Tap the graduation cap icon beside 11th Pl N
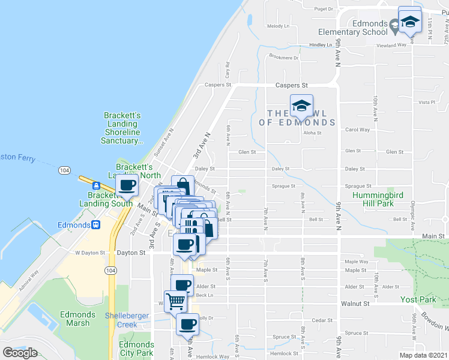tap(410, 22)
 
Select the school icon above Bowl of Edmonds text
tap(301, 107)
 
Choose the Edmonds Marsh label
tap(77, 319)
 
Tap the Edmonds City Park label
tap(136, 349)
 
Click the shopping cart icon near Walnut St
tap(175, 301)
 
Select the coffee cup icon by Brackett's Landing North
tap(127, 187)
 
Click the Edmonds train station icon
tap(95, 225)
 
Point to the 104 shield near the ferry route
tap(65, 171)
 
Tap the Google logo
tap(20, 353)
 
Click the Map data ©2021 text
tap(423, 355)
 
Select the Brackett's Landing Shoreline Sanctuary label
tap(122, 128)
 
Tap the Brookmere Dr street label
tap(284, 58)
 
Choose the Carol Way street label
tap(357, 130)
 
